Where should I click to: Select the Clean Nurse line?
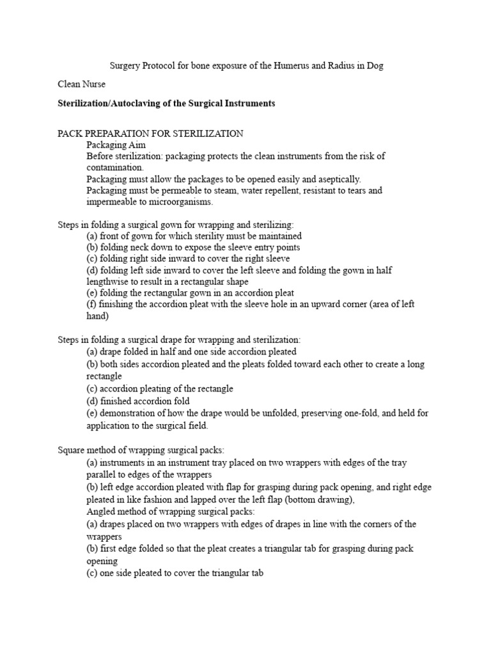82,84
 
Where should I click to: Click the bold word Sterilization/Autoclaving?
114,103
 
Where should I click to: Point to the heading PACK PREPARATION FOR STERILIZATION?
150,133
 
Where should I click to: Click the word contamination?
116,167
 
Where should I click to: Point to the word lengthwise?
110,282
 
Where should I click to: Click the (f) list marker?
92,304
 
